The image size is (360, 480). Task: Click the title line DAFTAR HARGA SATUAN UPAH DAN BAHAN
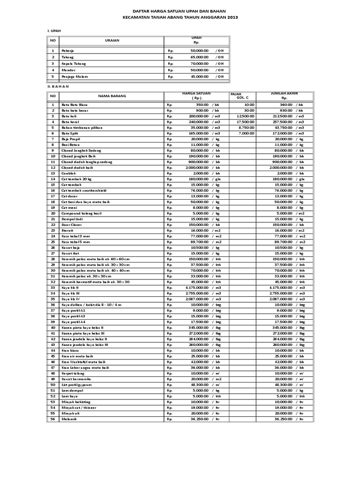click(x=180, y=10)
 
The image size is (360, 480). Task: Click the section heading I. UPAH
click(x=54, y=30)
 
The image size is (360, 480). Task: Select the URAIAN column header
click(x=112, y=40)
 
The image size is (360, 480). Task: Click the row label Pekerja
click(x=67, y=50)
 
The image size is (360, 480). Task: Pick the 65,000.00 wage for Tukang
click(x=199, y=57)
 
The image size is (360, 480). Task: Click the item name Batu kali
click(x=68, y=116)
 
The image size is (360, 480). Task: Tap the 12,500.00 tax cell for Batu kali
click(x=246, y=116)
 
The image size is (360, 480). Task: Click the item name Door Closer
click(x=71, y=225)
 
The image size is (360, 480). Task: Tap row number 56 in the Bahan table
click(x=53, y=419)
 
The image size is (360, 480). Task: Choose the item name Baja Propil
click(x=70, y=139)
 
